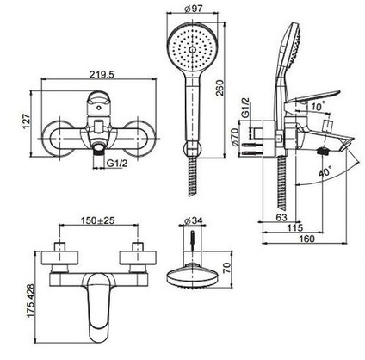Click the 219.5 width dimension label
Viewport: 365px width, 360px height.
(102, 74)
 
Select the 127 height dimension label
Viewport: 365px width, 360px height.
(27, 121)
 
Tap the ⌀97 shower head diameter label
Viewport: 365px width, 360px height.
(194, 9)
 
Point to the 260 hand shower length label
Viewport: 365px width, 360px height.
(220, 89)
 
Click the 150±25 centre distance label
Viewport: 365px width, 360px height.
(97, 220)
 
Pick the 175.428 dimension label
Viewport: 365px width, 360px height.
(30, 301)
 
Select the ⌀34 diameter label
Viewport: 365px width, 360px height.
(194, 220)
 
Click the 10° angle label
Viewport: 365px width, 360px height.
(319, 107)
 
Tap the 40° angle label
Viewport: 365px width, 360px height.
(325, 171)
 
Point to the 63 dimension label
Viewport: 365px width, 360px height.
(281, 217)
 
